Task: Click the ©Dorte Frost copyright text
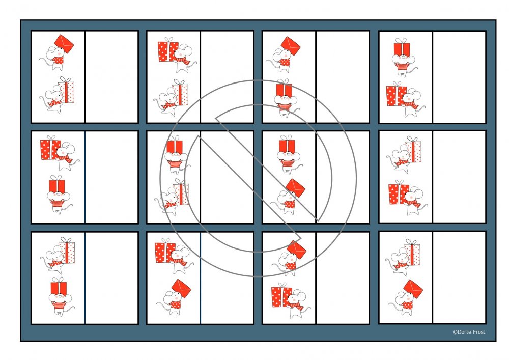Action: pyautogui.click(x=469, y=332)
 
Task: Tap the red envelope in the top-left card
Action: pyautogui.click(x=64, y=44)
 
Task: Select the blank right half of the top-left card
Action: pyautogui.click(x=111, y=77)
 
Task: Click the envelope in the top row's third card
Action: pyautogui.click(x=291, y=46)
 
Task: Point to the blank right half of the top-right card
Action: pyautogui.click(x=459, y=77)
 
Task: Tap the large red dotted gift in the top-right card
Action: pyautogui.click(x=397, y=94)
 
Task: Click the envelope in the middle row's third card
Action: pyautogui.click(x=295, y=188)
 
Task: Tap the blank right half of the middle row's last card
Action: pyautogui.click(x=459, y=177)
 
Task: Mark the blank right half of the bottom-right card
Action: pyautogui.click(x=459, y=278)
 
